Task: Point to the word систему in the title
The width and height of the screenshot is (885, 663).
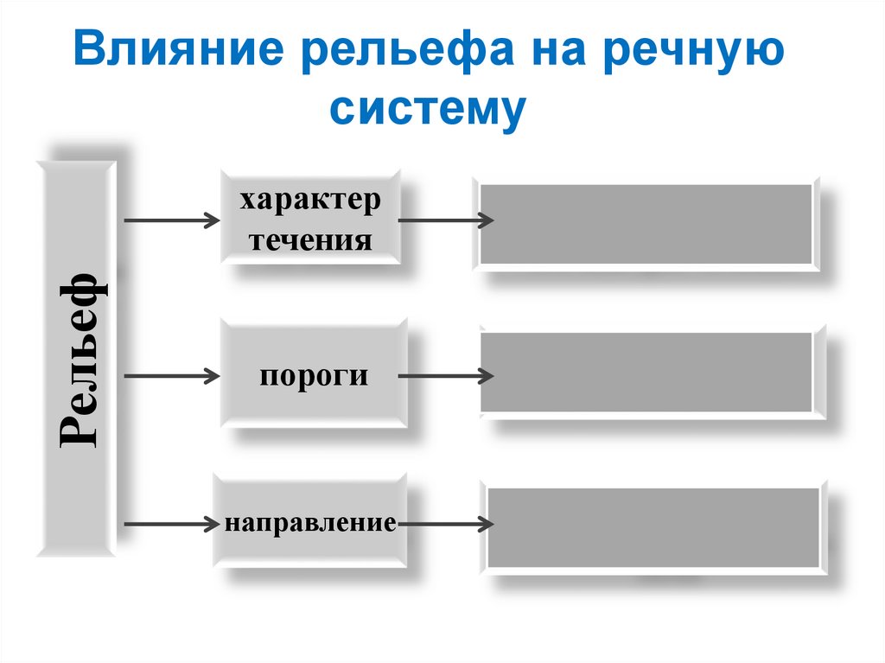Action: pyautogui.click(x=427, y=110)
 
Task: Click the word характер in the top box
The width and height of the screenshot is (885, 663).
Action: pyautogui.click(x=310, y=201)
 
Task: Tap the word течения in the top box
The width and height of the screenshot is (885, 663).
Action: pyautogui.click(x=310, y=239)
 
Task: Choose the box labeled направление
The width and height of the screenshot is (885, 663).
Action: pyautogui.click(x=310, y=523)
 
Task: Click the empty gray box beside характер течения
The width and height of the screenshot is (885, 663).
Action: pyautogui.click(x=646, y=224)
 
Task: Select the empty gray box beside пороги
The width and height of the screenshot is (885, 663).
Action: pyautogui.click(x=646, y=373)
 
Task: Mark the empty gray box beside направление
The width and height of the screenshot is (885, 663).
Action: pyautogui.click(x=653, y=527)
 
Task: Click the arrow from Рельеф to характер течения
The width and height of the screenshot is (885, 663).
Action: pyautogui.click(x=172, y=221)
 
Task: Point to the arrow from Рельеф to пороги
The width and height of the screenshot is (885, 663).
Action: pyautogui.click(x=172, y=376)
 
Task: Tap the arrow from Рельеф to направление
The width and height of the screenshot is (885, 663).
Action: pyautogui.click(x=172, y=524)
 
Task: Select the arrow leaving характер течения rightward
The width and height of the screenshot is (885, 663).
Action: pyautogui.click(x=445, y=220)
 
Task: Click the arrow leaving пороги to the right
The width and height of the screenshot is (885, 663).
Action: pyautogui.click(x=445, y=376)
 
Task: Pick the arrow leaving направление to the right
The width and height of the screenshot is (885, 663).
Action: pyautogui.click(x=445, y=524)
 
